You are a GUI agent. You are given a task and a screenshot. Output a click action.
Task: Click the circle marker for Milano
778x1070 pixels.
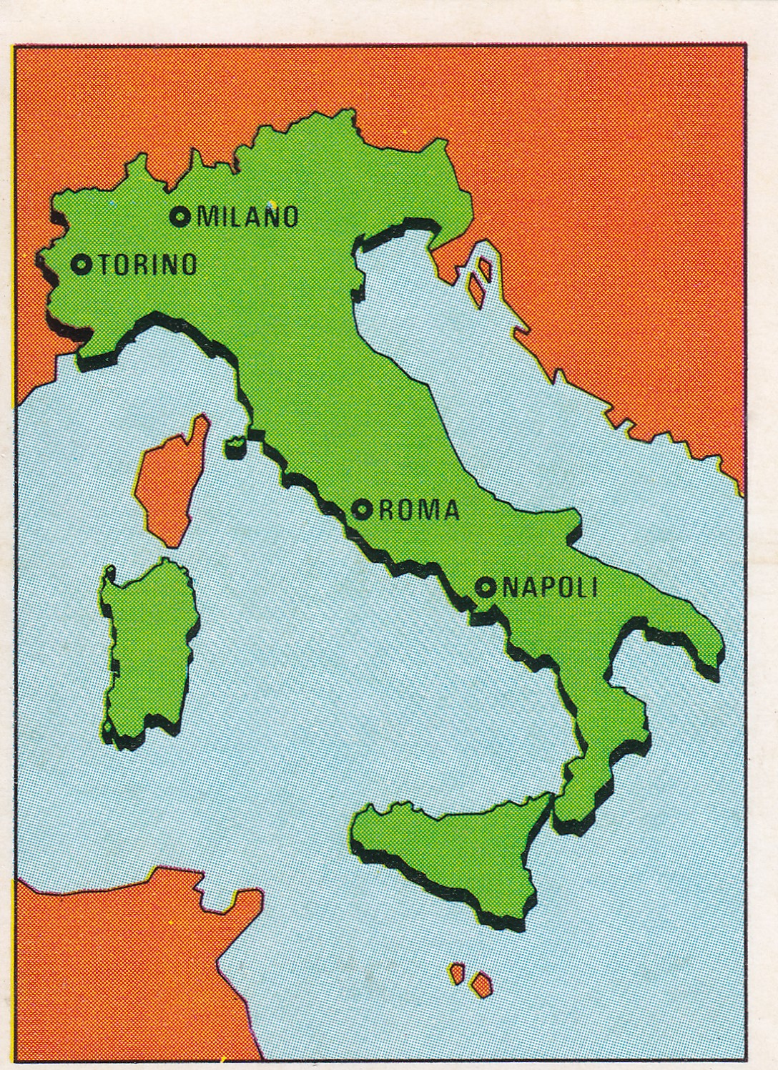pyautogui.click(x=180, y=215)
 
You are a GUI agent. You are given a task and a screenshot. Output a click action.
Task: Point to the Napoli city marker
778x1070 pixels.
pyautogui.click(x=486, y=587)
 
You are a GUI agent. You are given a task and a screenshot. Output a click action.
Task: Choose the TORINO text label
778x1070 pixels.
pyautogui.click(x=147, y=265)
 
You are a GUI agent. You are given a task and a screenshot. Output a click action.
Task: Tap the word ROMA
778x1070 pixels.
pyautogui.click(x=418, y=510)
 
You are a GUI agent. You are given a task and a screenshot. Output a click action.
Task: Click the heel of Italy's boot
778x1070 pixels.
pyautogui.click(x=704, y=644)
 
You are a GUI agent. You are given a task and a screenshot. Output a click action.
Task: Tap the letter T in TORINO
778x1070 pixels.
pyautogui.click(x=103, y=265)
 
